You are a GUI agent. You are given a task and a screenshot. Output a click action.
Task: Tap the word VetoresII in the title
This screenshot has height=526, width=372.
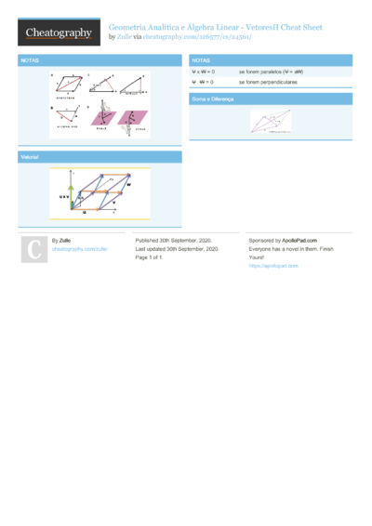point(264,28)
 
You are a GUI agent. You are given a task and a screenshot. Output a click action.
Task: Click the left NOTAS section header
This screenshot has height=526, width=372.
point(29,59)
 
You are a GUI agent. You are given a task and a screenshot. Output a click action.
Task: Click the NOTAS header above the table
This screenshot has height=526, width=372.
point(201,59)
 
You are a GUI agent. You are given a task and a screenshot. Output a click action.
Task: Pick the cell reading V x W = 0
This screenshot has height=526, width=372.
point(203,71)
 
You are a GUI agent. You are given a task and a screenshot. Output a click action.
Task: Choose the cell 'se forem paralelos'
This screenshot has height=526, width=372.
point(271,71)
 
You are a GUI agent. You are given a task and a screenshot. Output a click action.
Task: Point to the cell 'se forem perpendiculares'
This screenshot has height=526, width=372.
point(274,82)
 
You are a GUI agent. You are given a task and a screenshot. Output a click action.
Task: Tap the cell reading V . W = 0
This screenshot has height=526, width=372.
point(203,82)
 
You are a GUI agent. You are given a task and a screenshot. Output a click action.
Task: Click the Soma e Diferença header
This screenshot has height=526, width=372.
point(212,98)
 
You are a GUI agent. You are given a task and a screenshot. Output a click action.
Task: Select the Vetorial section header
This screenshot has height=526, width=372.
point(30,157)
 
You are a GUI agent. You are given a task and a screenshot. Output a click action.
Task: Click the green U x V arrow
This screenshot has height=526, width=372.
point(68,195)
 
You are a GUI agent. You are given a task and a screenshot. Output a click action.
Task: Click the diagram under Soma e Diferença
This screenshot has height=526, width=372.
point(271,122)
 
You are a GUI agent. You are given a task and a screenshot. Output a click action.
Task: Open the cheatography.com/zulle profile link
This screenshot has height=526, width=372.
point(79,249)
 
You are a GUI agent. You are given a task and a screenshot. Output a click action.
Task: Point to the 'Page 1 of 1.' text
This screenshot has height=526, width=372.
point(150,257)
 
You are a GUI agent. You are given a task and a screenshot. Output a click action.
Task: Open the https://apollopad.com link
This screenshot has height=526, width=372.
point(272,266)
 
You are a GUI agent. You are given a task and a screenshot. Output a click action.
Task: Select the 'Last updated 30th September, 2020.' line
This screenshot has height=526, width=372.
point(177,249)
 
